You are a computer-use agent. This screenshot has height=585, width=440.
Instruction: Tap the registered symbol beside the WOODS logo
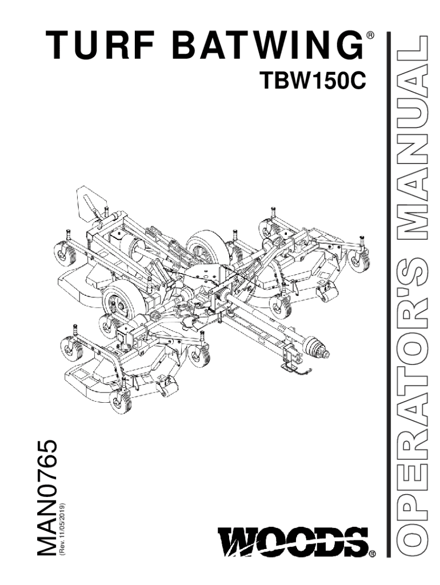pos(373,554)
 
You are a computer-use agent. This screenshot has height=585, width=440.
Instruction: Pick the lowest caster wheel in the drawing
pos(121,402)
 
